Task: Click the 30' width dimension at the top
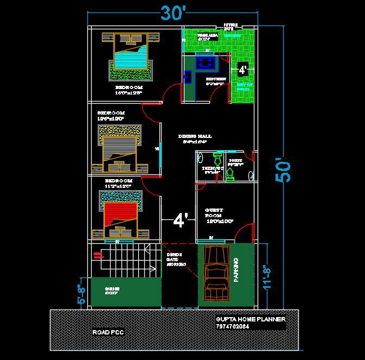172,12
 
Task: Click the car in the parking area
217,273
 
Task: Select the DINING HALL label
195,136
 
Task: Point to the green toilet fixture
229,173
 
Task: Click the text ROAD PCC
108,332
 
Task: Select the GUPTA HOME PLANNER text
250,319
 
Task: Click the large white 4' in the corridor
180,220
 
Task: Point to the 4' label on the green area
242,70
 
